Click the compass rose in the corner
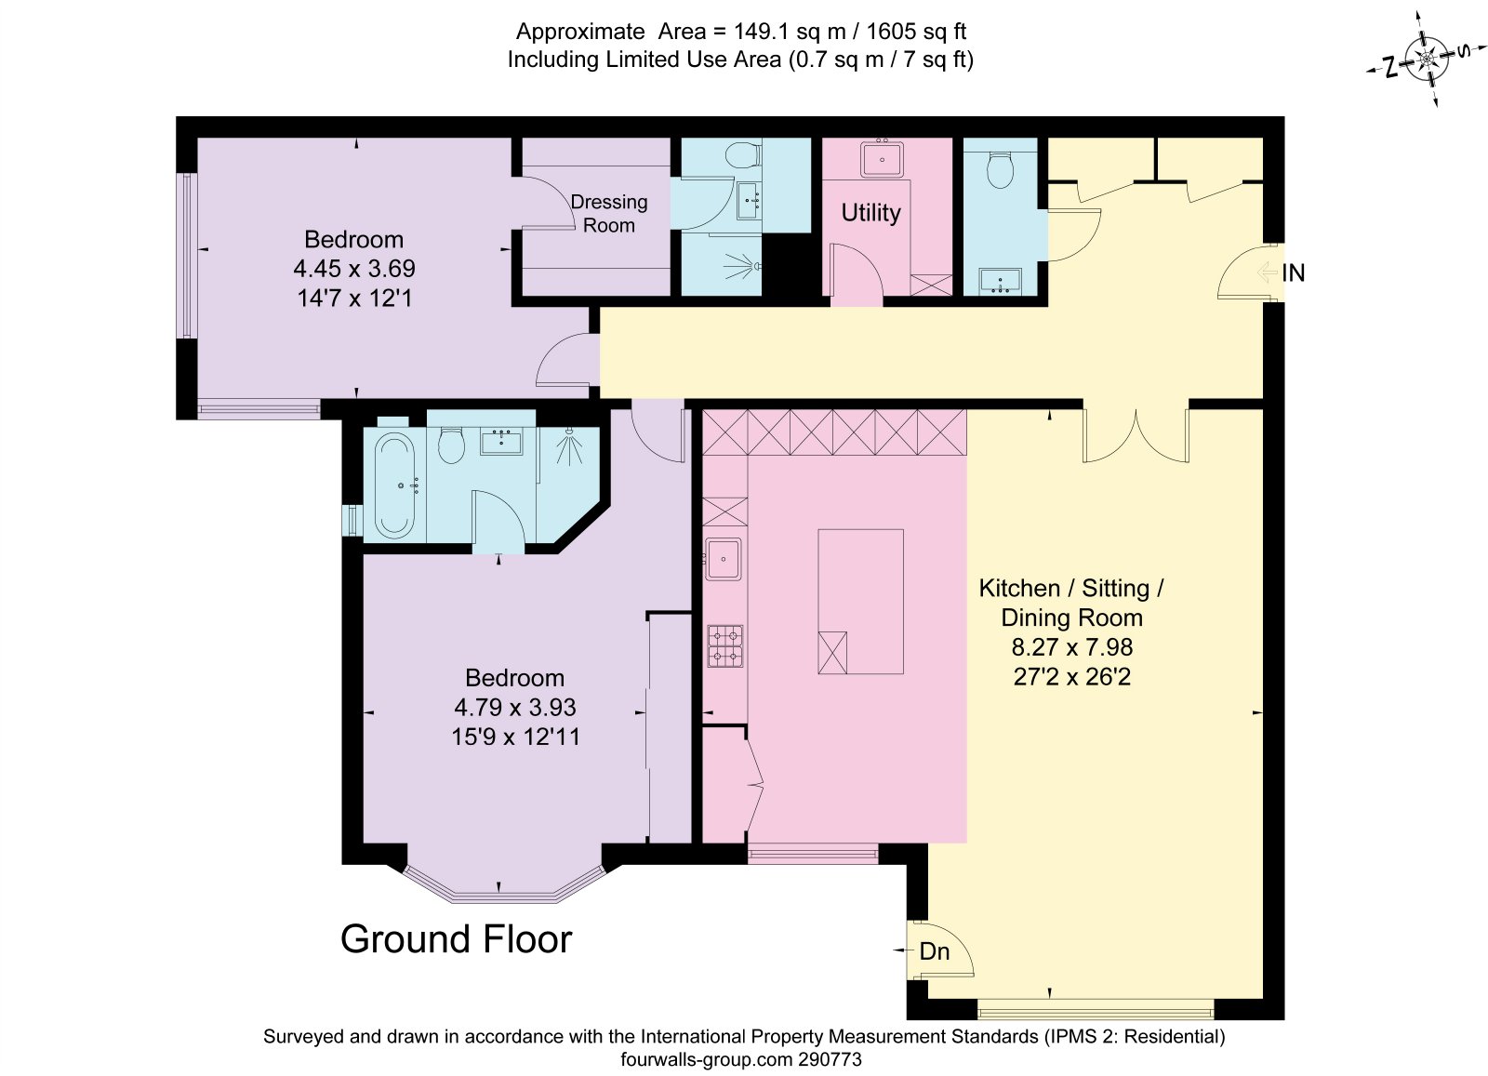(1426, 60)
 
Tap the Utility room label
(870, 213)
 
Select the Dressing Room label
(609, 213)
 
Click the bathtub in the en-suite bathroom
(394, 485)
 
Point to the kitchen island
(860, 602)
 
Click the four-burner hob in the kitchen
(725, 645)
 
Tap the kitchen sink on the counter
(723, 559)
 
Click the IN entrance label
(1293, 273)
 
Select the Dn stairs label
(934, 951)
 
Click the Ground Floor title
(457, 939)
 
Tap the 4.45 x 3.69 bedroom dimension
(354, 269)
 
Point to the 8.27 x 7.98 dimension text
(1071, 647)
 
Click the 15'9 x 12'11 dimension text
(515, 737)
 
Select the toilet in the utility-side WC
(1000, 170)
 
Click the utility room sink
(882, 159)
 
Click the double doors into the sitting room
(1136, 436)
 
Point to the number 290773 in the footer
(830, 1059)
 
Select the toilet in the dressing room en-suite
(743, 157)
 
